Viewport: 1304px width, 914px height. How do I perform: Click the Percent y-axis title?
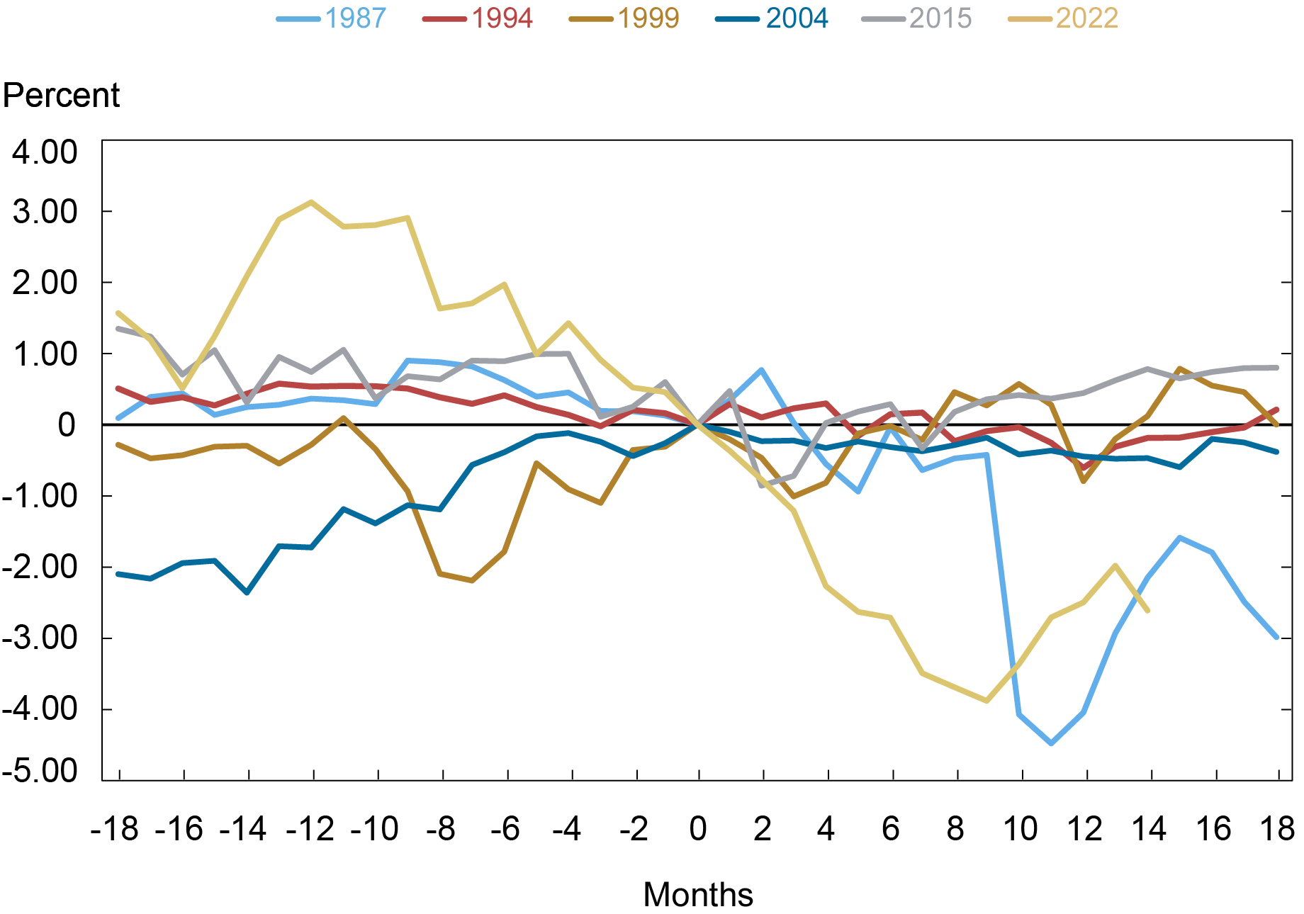coord(62,95)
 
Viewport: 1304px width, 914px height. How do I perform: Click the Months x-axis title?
coord(697,894)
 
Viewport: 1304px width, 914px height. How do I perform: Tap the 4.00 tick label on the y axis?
coord(44,152)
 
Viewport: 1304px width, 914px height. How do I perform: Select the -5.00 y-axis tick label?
coord(40,771)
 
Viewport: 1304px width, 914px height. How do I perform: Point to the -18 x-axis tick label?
coord(114,828)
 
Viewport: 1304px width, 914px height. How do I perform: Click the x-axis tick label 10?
coord(1021,828)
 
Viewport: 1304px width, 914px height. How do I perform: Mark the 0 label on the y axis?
coord(67,425)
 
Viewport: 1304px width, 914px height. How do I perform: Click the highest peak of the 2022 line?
coord(311,202)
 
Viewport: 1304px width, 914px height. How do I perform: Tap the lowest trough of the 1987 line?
coord(1051,743)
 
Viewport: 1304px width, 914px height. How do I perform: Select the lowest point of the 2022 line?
coord(987,701)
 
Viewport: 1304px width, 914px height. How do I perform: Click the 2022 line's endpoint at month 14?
coord(1147,610)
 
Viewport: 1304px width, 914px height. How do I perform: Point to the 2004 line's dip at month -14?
coord(247,592)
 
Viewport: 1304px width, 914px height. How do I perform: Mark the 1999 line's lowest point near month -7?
coord(472,580)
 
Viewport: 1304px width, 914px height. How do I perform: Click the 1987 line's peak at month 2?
coord(761,370)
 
